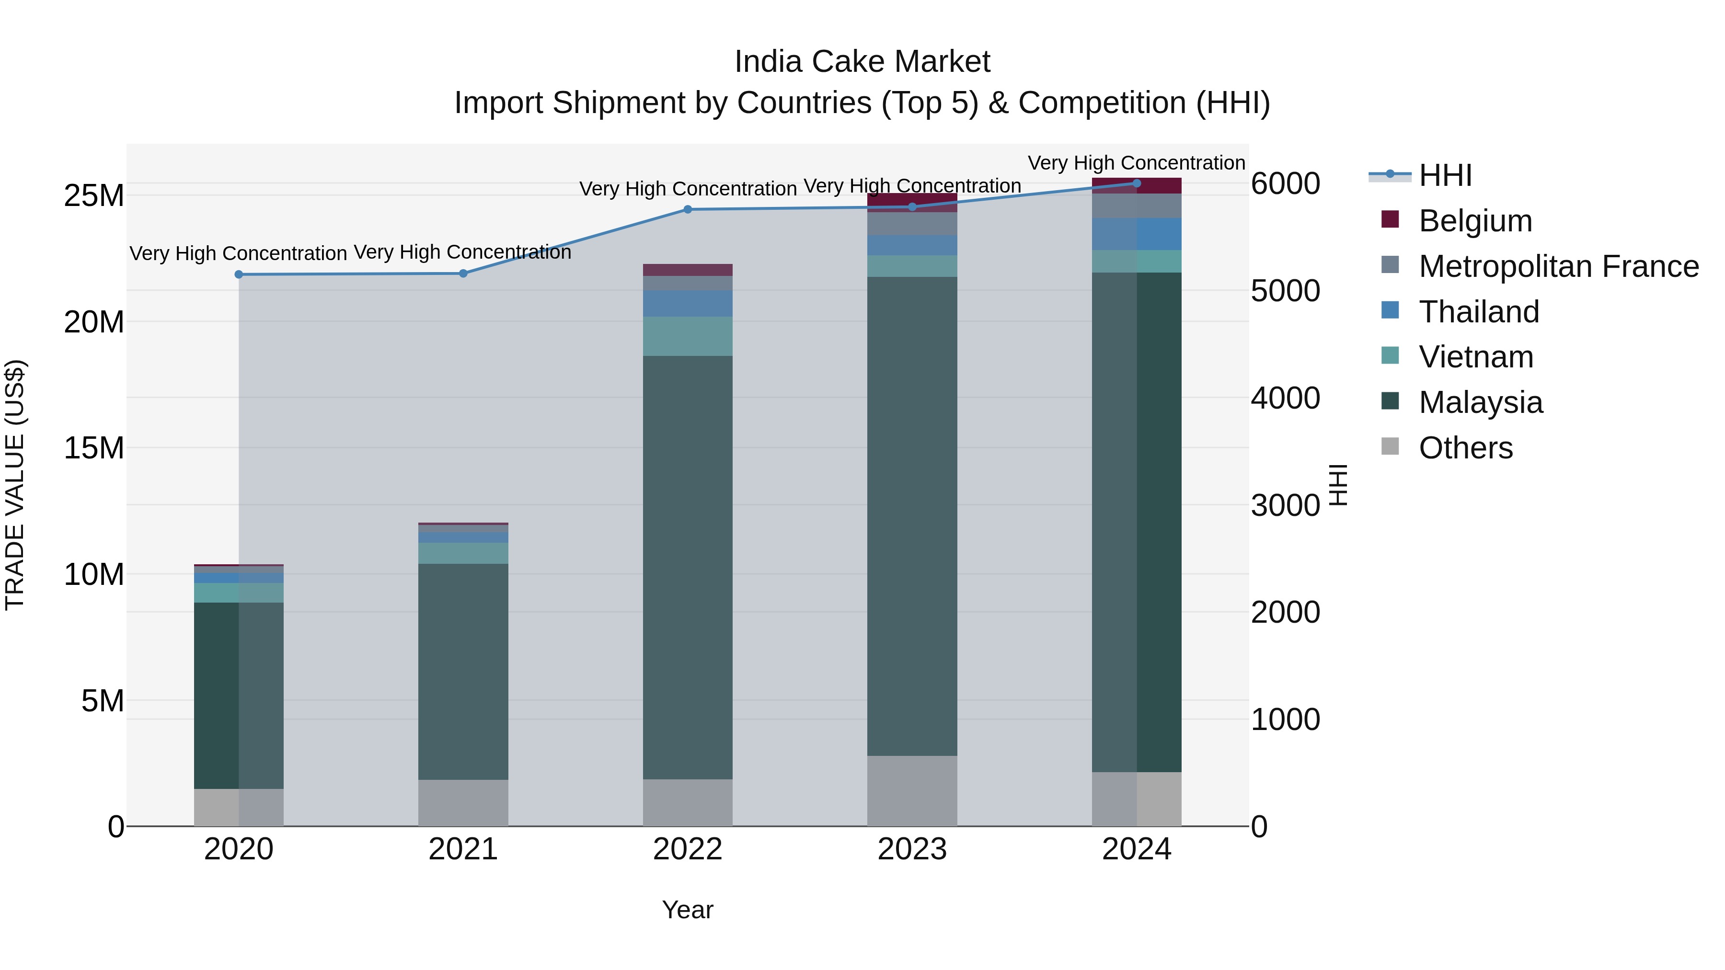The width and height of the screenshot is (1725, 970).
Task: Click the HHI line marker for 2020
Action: pyautogui.click(x=239, y=274)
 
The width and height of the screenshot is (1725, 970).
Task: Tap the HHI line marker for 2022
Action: pyautogui.click(x=688, y=209)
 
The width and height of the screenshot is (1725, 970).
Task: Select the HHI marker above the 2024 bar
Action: pyautogui.click(x=1137, y=183)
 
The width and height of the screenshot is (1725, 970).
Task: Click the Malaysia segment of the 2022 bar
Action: pyautogui.click(x=688, y=568)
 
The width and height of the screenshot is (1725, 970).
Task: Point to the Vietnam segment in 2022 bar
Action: pyautogui.click(x=688, y=336)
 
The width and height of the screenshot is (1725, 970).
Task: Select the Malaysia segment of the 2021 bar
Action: pyautogui.click(x=463, y=672)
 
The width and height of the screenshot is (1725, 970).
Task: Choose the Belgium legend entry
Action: pyautogui.click(x=1475, y=221)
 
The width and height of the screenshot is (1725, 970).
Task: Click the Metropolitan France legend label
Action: pyautogui.click(x=1558, y=266)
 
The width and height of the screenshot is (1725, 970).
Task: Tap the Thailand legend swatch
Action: pyautogui.click(x=1390, y=310)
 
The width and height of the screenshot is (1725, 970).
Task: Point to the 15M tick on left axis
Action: pyautogui.click(x=94, y=448)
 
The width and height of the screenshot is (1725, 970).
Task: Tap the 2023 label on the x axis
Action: pyautogui.click(x=912, y=849)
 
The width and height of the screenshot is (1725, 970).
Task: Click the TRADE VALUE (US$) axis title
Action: pyautogui.click(x=15, y=485)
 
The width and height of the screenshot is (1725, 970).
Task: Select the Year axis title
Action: pyautogui.click(x=688, y=910)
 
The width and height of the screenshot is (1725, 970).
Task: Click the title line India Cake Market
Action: pyautogui.click(x=862, y=62)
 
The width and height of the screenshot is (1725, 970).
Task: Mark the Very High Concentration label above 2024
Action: pyautogui.click(x=1137, y=163)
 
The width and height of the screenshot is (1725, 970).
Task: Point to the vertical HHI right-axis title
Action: pyautogui.click(x=1337, y=485)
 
